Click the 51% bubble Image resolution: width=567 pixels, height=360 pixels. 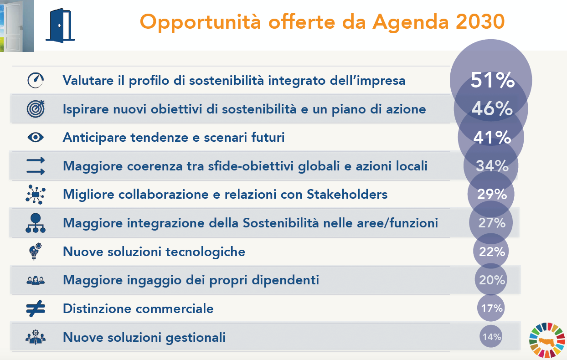point(491,80)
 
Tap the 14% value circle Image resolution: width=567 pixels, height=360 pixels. point(491,336)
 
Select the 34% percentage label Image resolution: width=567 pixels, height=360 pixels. point(492,166)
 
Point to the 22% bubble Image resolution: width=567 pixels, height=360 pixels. point(491,251)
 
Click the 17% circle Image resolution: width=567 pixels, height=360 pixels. point(491,308)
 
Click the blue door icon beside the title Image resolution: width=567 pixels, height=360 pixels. point(60,26)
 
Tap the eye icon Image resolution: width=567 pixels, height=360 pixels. point(36,137)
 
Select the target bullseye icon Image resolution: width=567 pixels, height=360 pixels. point(36,109)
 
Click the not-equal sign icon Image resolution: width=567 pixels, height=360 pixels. point(36,309)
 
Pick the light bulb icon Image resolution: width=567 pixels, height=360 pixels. point(35,252)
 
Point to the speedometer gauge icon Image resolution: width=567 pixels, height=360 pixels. point(36,81)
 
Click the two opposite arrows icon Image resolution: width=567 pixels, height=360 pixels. point(36,166)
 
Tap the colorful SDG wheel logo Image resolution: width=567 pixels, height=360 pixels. point(547,340)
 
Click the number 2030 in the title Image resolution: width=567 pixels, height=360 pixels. point(480,22)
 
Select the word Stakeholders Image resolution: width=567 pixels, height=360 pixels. point(347,195)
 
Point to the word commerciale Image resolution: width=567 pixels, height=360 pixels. point(175,309)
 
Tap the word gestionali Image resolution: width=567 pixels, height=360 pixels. point(196,337)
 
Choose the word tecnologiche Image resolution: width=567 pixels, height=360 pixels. point(205,252)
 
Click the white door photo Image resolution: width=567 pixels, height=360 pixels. point(17,26)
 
